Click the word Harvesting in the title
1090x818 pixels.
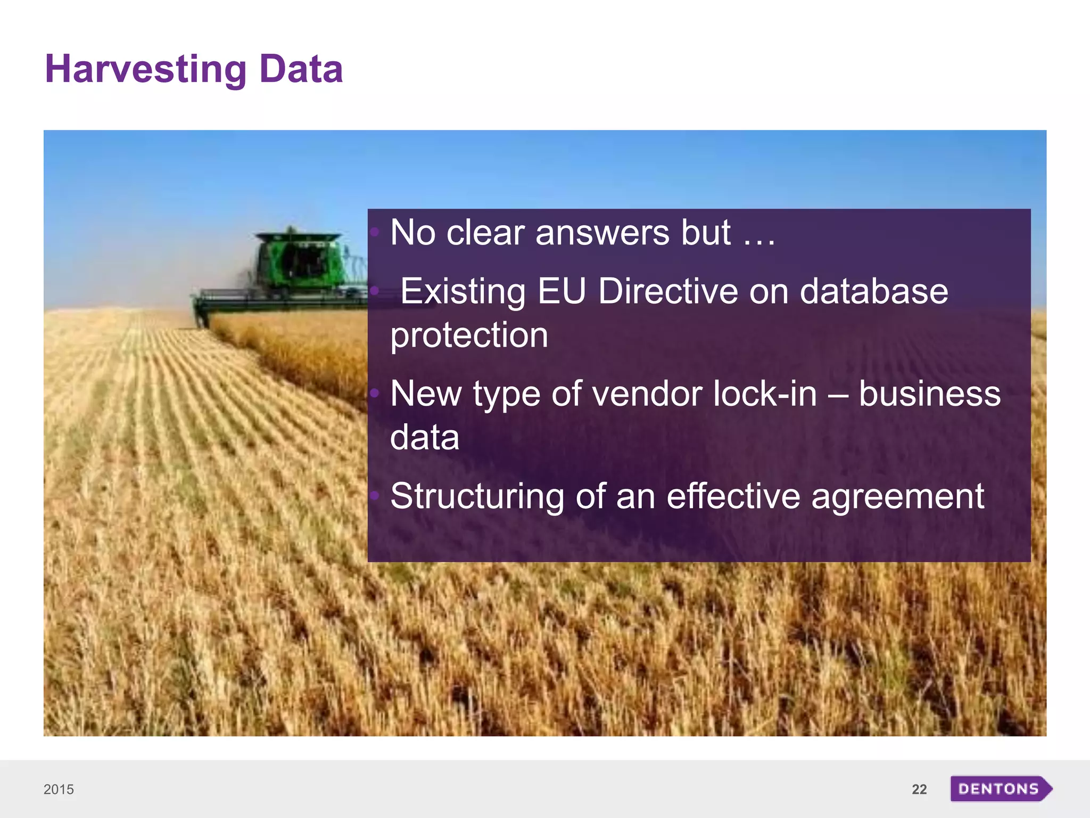(145, 70)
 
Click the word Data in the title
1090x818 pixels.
(301, 69)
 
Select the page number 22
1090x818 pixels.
(919, 789)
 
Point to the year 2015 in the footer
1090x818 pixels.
(59, 789)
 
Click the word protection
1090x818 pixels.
(469, 336)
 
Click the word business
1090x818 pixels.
(929, 394)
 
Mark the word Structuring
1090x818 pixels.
(477, 496)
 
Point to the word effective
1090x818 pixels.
(733, 496)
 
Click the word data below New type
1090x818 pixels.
(424, 438)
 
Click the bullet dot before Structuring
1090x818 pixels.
(375, 496)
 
